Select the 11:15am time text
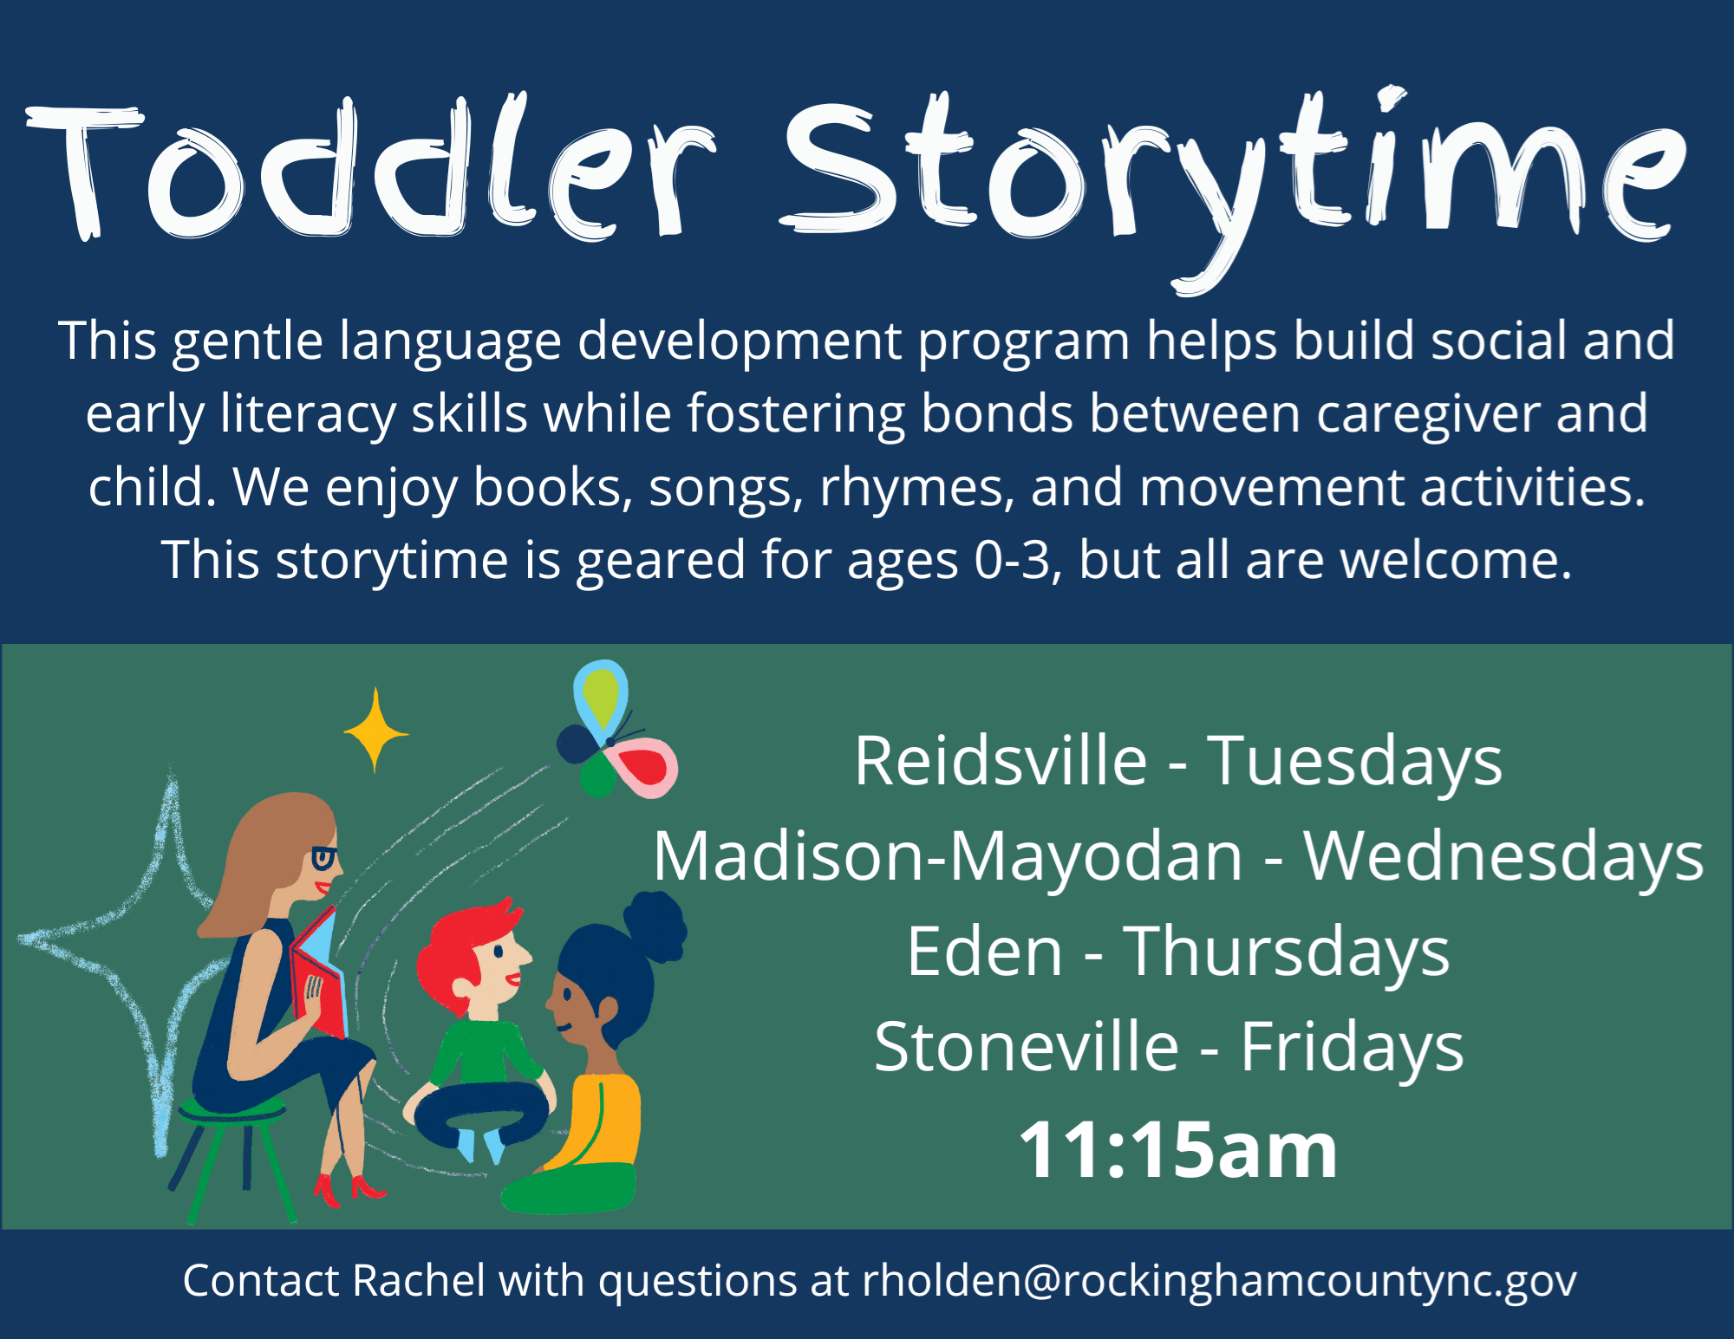[1177, 1150]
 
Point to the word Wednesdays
[1503, 857]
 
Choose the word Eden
[984, 951]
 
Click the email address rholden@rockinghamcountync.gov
[1219, 1282]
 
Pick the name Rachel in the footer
[420, 1280]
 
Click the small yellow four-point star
[375, 731]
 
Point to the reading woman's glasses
[324, 858]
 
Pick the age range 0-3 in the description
[1012, 561]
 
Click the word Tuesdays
[1354, 762]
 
